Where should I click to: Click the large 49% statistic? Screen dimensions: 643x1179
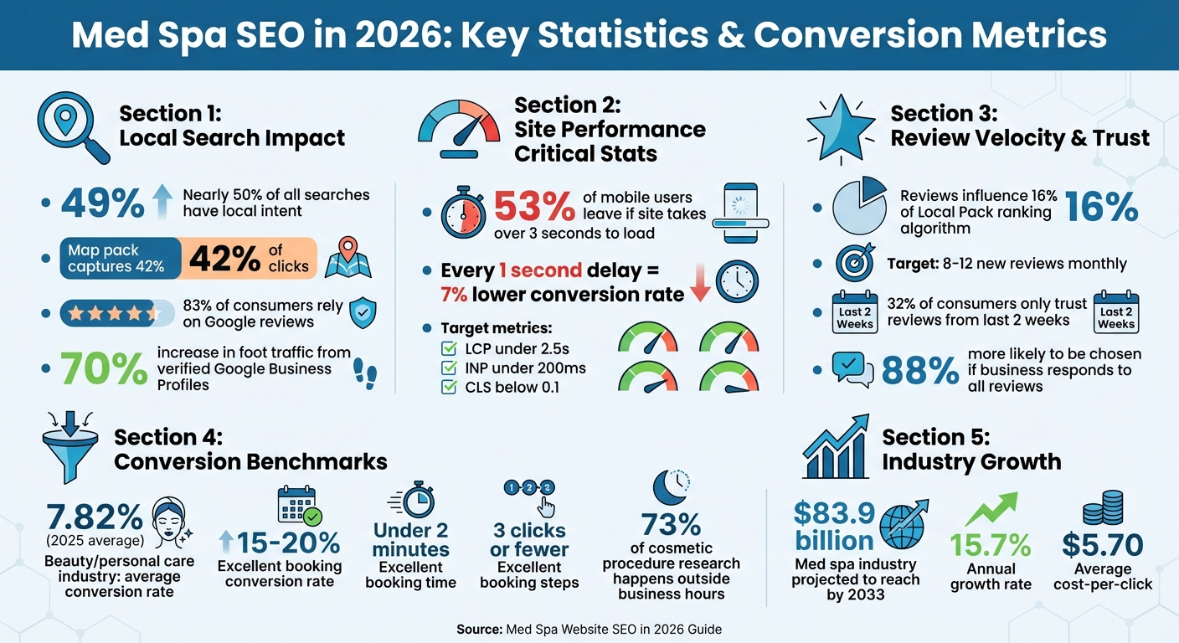coord(102,203)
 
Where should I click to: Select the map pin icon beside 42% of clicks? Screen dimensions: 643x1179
coord(347,257)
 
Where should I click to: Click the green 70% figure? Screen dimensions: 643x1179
coord(103,368)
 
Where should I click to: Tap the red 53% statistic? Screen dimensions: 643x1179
coord(533,206)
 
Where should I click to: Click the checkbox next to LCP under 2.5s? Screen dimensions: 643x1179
coord(449,348)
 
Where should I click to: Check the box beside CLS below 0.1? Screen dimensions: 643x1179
coord(449,386)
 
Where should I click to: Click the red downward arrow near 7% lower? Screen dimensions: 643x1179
coord(700,285)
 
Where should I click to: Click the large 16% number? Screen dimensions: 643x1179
coord(1101,208)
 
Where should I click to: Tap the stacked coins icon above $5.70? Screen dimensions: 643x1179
coord(1102,512)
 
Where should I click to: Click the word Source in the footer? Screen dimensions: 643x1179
coord(479,629)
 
